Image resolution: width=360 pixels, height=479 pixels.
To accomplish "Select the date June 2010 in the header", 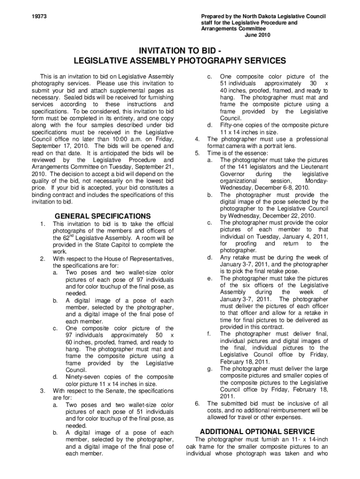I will coord(258,35).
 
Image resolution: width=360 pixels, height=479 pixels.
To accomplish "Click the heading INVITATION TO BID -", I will coord(180,51).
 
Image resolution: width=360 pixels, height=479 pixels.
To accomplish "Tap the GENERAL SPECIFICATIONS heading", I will coord(103,216).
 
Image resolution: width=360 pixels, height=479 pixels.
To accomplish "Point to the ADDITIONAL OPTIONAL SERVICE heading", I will coord(257,431).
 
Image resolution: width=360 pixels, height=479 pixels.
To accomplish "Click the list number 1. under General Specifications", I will coord(43,224).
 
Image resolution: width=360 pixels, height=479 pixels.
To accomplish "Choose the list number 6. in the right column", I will coord(197,403).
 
